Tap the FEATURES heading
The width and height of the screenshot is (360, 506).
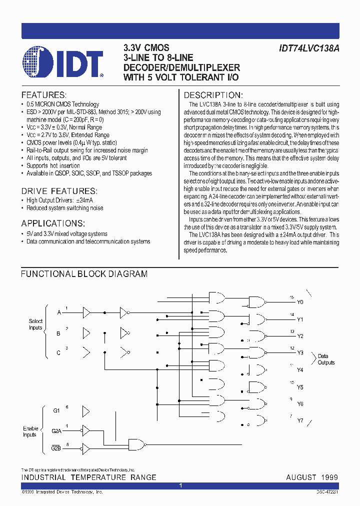pos(43,95)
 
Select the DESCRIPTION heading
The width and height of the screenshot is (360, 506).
pos(213,95)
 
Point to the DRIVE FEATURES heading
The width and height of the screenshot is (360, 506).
pos(59,191)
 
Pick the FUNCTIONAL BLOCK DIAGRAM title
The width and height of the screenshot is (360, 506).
pos(84,274)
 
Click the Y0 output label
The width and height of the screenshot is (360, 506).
pos(300,302)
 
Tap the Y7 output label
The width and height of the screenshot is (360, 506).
pos(300,420)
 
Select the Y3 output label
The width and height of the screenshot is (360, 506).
pos(300,352)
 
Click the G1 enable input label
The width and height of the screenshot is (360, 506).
pos(56,410)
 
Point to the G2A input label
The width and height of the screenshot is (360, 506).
pos(56,430)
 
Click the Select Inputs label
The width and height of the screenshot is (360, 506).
pos(35,324)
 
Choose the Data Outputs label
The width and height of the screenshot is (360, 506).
pos(326,359)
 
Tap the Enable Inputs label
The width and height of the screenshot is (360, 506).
pos(30,431)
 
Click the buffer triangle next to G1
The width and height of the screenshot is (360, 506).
pos(85,411)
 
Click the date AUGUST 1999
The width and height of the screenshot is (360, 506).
pos(312,477)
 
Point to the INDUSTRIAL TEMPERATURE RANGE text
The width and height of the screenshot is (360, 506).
pos(88,477)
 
